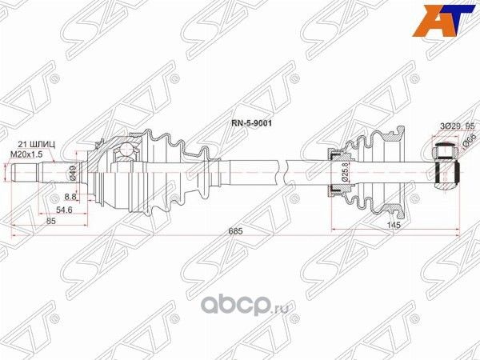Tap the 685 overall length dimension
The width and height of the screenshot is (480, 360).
pos(234,230)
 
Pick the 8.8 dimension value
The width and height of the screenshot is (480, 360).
pos(70,195)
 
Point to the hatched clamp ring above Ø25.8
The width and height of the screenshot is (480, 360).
pos(331,153)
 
